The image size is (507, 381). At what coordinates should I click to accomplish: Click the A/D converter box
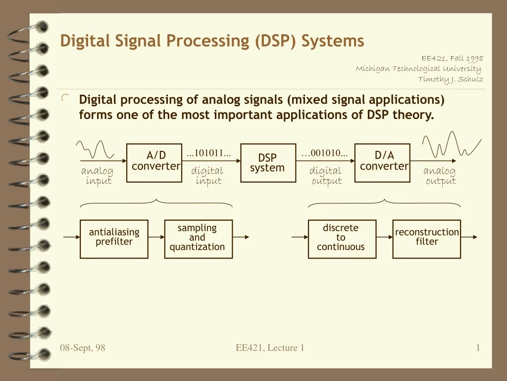point(154,163)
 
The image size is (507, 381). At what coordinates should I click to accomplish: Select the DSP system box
point(268,163)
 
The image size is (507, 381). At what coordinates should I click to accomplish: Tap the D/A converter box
point(382,163)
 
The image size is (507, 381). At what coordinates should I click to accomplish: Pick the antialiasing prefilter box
point(114,239)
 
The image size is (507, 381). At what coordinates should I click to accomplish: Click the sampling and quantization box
point(199,239)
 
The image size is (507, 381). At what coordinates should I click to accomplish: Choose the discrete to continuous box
point(342,239)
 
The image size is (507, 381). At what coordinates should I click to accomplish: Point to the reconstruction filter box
point(426,239)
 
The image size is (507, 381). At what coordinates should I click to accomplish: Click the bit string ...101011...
point(209,153)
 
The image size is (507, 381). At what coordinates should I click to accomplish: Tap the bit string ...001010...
point(324,153)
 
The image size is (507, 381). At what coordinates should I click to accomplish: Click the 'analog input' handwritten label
point(98,176)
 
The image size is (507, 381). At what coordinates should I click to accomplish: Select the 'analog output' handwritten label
point(440,176)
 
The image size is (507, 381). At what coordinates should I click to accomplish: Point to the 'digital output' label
point(326,176)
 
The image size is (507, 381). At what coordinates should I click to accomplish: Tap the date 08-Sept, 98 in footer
point(83,348)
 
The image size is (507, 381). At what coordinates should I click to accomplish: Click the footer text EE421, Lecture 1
point(270,348)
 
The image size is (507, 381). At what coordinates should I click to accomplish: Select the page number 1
point(478,348)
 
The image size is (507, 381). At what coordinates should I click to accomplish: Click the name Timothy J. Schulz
point(451,79)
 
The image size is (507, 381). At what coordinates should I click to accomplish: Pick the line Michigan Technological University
point(418,68)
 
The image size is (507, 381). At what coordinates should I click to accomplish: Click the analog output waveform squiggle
point(452,144)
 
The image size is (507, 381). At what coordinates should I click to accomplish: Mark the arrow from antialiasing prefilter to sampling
point(156,237)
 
